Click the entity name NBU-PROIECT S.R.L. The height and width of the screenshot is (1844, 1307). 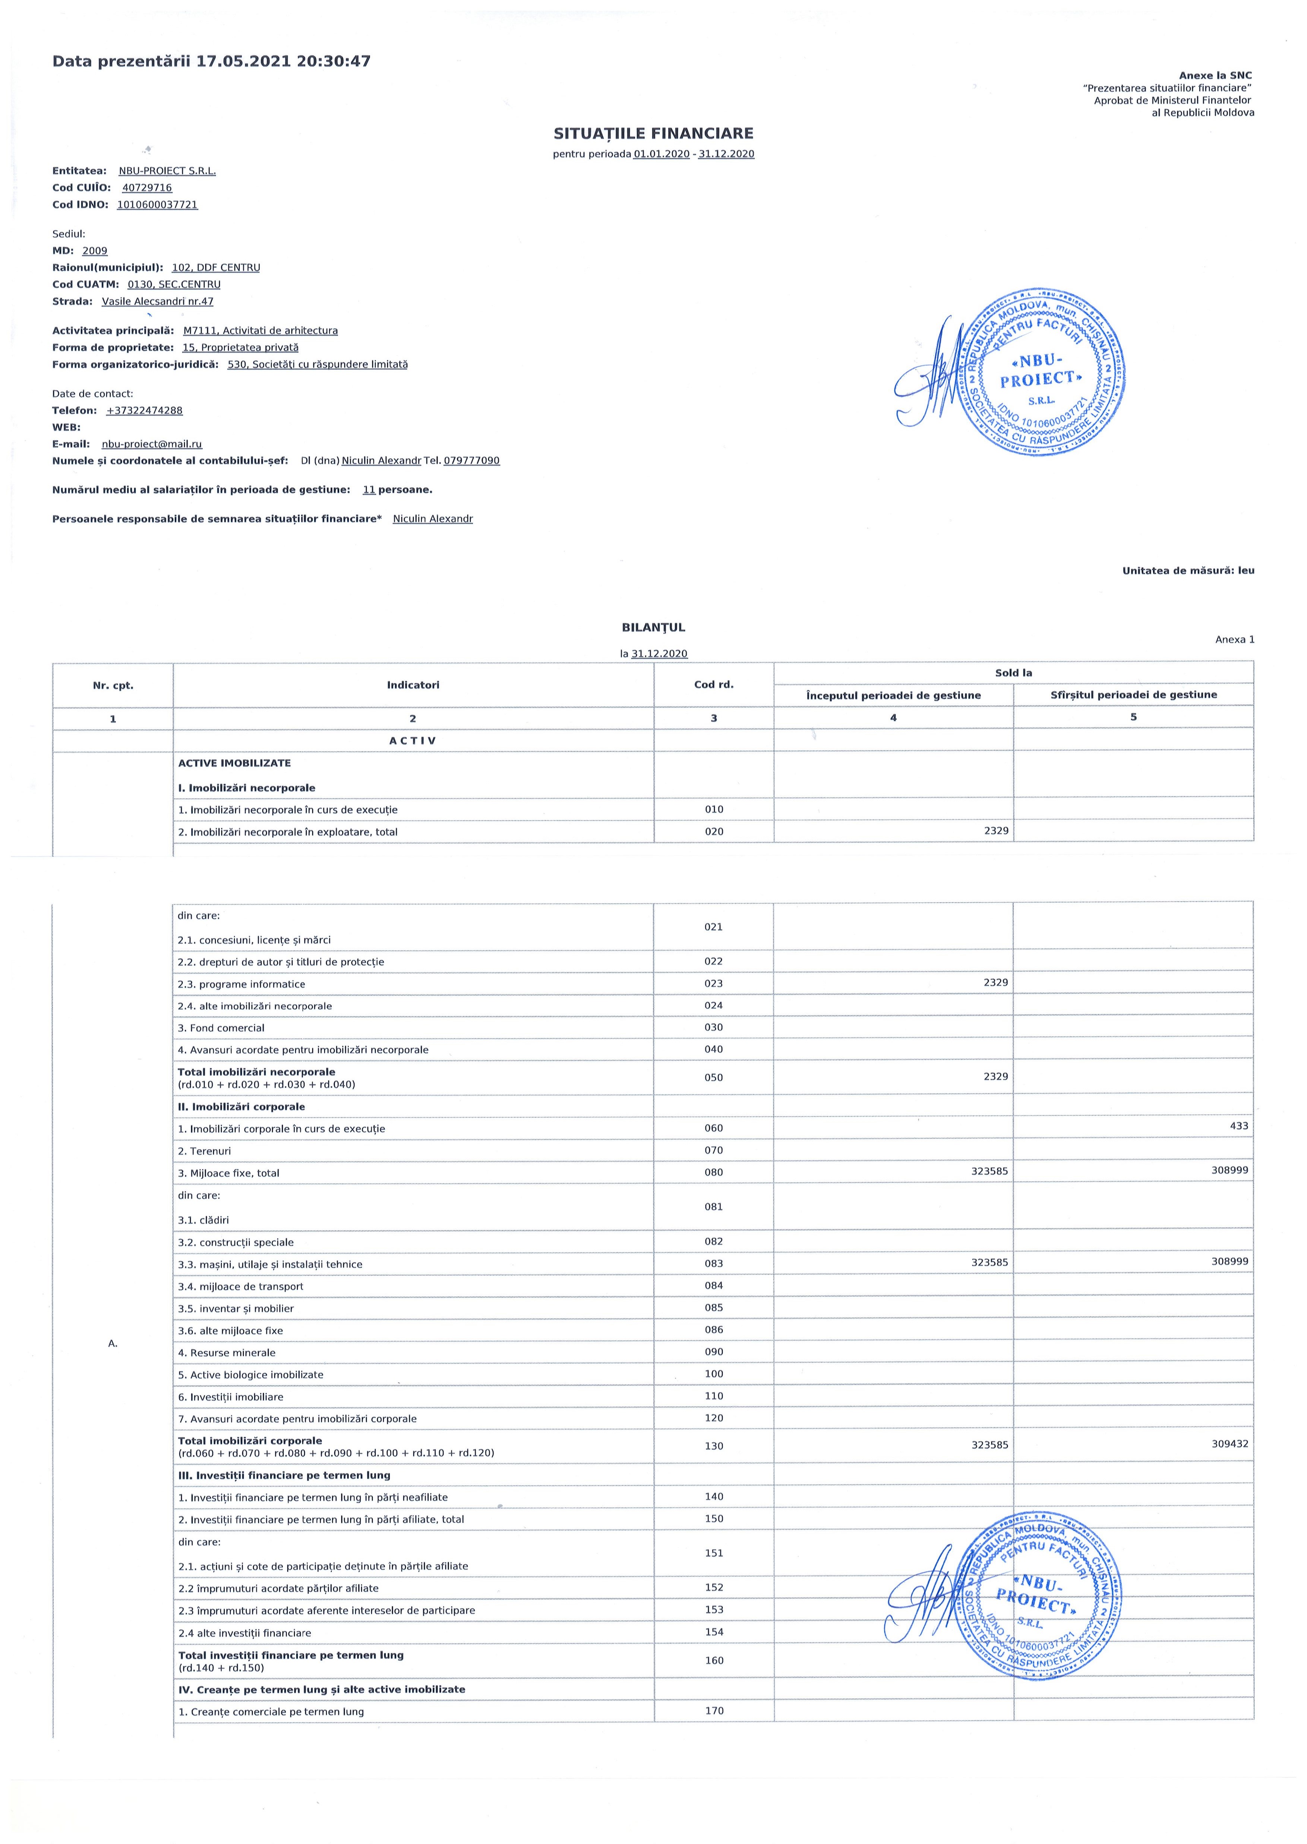point(167,171)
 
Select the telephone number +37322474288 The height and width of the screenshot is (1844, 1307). point(144,410)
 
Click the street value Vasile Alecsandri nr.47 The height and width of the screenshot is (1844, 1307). point(158,302)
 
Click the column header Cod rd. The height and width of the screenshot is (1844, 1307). point(714,685)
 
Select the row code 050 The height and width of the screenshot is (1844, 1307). point(714,1077)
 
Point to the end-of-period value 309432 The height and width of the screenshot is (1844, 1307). point(1230,1443)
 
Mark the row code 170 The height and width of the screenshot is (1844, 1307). point(714,1711)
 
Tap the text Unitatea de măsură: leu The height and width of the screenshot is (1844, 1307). point(1188,570)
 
